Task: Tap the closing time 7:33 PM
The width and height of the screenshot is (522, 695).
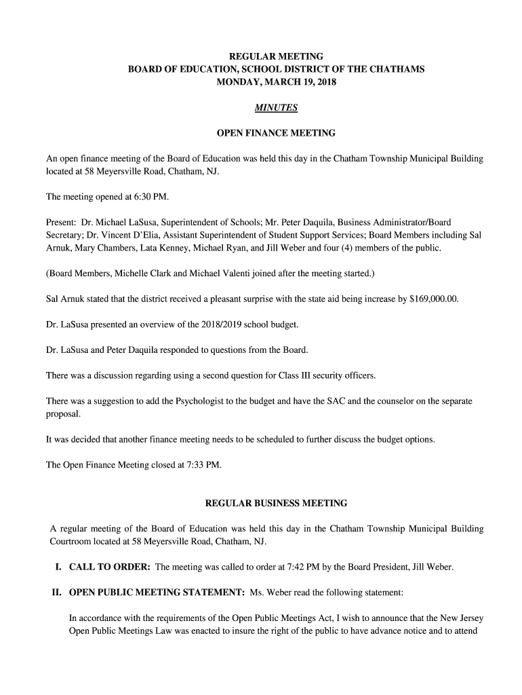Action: tap(201, 465)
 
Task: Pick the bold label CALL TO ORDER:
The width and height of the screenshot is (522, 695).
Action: tap(110, 567)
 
